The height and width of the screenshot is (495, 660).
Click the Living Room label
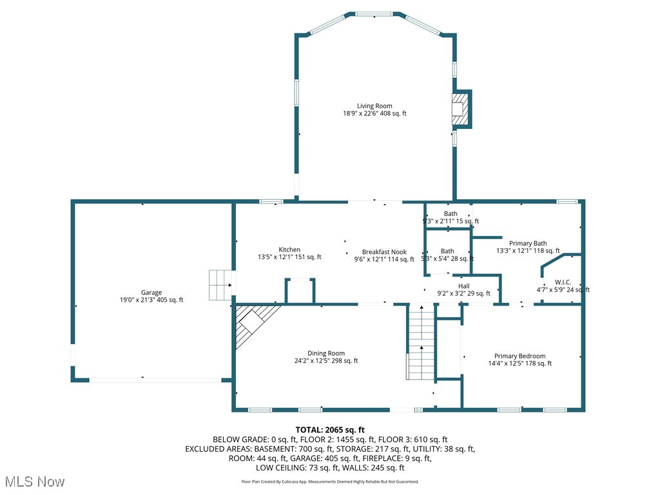click(374, 106)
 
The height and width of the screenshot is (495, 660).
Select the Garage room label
click(152, 292)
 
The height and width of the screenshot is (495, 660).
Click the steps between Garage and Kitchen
click(220, 285)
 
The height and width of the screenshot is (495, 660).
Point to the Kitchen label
click(289, 249)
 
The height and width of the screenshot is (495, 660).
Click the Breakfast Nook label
click(384, 252)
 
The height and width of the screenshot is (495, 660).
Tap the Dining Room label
click(326, 353)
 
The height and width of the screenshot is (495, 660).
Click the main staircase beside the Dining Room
click(421, 342)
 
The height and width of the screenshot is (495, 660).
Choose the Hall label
click(464, 286)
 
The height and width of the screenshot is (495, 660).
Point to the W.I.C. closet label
click(563, 282)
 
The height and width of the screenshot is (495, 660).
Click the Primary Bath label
click(528, 244)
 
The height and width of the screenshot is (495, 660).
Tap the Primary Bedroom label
click(519, 356)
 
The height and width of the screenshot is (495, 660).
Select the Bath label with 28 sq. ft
click(447, 251)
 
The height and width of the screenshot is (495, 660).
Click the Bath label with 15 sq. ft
click(451, 213)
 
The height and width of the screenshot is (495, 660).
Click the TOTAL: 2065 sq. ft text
click(330, 429)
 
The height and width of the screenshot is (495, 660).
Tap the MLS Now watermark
click(34, 481)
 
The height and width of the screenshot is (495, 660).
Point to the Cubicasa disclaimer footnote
click(330, 481)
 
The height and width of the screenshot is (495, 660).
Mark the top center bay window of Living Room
click(376, 14)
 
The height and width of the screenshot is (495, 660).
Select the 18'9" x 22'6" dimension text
click(374, 113)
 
